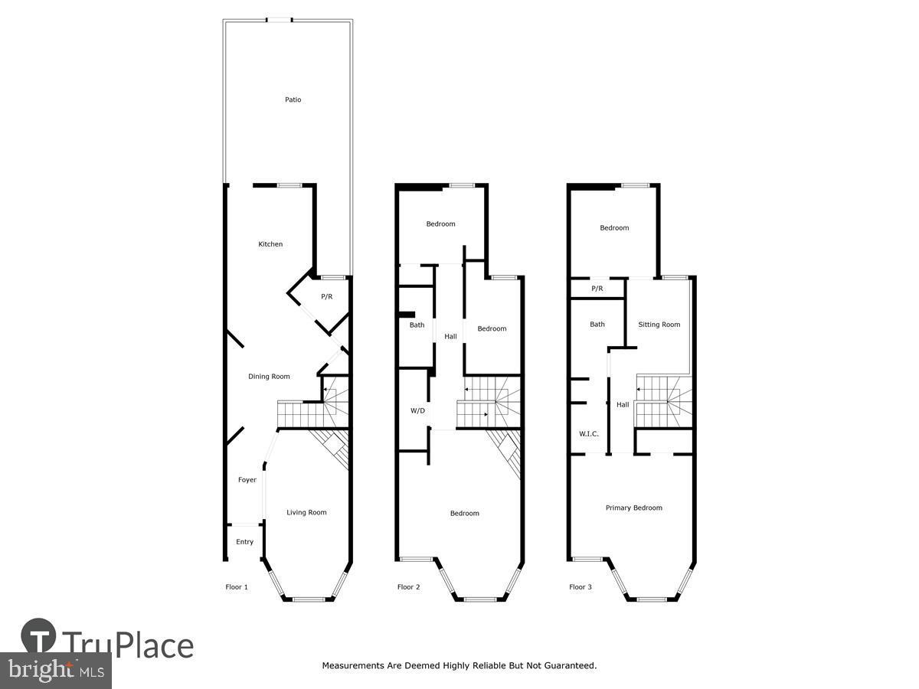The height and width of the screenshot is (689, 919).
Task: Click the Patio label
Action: [293, 100]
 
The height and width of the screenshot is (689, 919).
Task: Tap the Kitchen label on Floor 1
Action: [270, 244]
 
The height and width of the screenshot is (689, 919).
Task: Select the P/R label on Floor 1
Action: [326, 296]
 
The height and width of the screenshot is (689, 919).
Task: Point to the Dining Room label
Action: [269, 377]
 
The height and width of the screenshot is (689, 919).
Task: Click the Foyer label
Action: [247, 480]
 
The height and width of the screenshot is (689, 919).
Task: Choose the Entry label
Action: [244, 542]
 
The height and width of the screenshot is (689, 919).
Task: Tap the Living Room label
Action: [306, 513]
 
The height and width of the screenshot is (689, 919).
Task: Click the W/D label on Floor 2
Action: [417, 411]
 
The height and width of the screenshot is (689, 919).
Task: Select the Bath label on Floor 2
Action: [417, 325]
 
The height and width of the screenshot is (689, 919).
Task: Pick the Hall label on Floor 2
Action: [450, 337]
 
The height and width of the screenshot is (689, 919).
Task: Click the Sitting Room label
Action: [659, 325]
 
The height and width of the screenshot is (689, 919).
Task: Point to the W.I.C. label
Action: [588, 434]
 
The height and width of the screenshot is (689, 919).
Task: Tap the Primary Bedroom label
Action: [633, 508]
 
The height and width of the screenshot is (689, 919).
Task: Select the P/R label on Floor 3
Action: [597, 289]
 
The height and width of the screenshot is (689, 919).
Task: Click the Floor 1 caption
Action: [237, 587]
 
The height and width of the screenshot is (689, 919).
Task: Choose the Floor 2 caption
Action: [409, 587]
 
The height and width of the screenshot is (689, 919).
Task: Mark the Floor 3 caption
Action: [581, 587]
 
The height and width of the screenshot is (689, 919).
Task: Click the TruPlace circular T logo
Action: [38, 635]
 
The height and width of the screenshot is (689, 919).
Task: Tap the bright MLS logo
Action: [55, 671]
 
